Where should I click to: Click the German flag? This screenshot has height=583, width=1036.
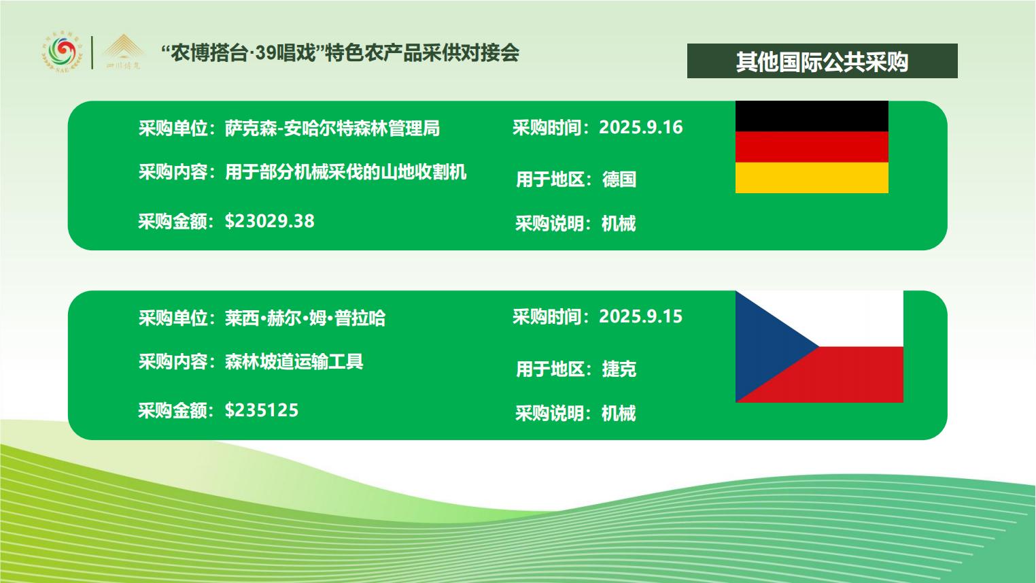coord(812,147)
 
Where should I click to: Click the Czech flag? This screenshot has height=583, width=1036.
coord(819,346)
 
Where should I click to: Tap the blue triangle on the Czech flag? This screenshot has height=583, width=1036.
coord(767,346)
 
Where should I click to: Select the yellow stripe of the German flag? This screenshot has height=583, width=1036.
coord(812,178)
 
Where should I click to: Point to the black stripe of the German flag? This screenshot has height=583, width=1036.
coord(812,116)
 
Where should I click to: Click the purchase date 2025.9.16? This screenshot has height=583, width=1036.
coord(640,127)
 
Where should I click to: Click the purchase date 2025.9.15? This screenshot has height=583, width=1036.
coord(640,316)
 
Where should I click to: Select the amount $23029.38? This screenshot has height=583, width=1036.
coord(270,221)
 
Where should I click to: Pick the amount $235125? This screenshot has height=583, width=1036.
coord(262,410)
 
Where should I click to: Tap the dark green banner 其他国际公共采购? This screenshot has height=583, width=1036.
coord(823,61)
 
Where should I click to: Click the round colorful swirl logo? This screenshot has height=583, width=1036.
coord(63,53)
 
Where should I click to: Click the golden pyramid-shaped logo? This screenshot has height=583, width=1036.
coord(123,51)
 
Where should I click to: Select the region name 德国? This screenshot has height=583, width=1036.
coord(619,179)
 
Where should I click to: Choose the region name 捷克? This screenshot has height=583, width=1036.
coord(619,369)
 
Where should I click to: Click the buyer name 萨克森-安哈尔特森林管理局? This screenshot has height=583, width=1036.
coord(332,128)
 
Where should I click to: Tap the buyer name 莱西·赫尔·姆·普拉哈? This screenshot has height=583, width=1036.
coord(305,318)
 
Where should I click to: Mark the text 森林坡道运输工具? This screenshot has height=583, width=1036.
coord(294,361)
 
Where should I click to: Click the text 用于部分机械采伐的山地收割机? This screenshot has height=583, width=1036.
coord(345,172)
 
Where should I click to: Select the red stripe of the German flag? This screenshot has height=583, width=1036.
coord(812,147)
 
